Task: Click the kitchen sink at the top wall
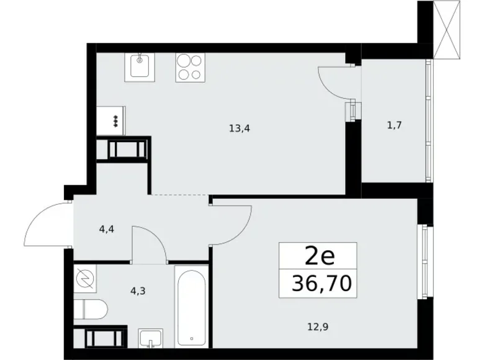pos(140,66)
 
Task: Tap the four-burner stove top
pos(190,66)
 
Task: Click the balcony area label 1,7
pos(394,125)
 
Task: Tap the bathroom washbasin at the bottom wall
pos(150,338)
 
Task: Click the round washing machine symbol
pos(84,281)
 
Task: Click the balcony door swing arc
pos(335,81)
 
